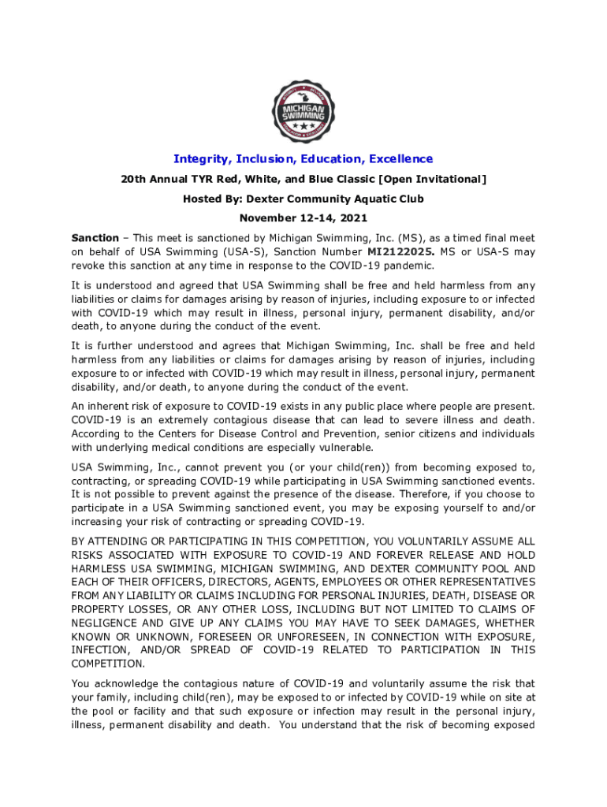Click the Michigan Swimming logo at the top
click(x=303, y=110)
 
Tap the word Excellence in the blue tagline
click(x=394, y=159)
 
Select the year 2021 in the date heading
click(x=352, y=218)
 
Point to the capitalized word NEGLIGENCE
click(x=110, y=623)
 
